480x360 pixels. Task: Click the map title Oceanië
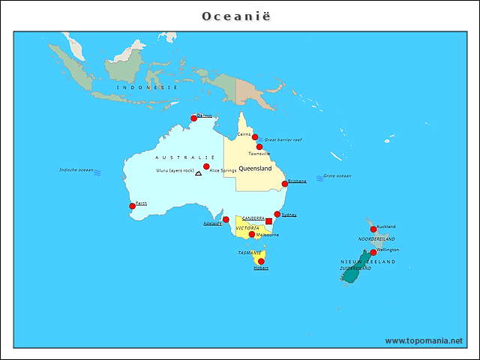tap(239, 16)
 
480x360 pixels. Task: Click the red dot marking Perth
tap(133, 205)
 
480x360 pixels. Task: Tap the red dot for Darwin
tap(193, 118)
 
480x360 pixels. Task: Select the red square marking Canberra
tap(269, 221)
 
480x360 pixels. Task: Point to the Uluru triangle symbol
tap(198, 172)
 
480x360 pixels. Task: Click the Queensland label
tap(255, 169)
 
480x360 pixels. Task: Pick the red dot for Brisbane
tap(285, 184)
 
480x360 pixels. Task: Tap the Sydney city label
tap(289, 214)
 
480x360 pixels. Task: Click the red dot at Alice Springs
tap(206, 166)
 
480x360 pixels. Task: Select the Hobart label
tap(261, 268)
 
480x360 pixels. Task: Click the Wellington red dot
tap(373, 252)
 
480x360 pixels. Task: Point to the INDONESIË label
tap(147, 88)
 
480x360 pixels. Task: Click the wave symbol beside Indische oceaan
tap(97, 172)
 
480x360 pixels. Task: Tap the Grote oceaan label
tap(337, 176)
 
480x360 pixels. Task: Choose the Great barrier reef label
tap(283, 140)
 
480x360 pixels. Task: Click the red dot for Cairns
tap(255, 137)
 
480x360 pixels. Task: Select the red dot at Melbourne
tap(252, 234)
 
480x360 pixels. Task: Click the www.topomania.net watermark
tap(424, 340)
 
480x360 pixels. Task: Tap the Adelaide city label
tap(212, 223)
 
